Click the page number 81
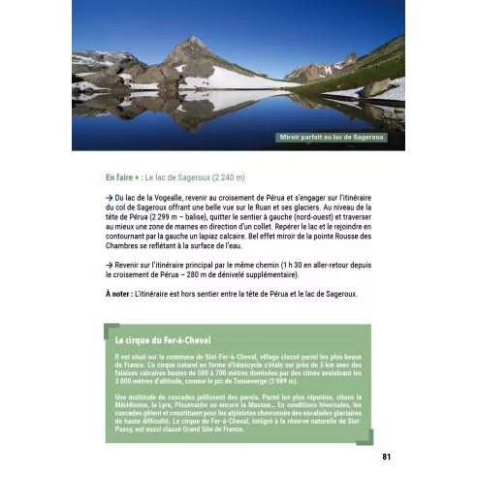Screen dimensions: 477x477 pyautogui.click(x=386, y=456)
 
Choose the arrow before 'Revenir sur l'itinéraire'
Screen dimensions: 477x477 pyautogui.click(x=110, y=265)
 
